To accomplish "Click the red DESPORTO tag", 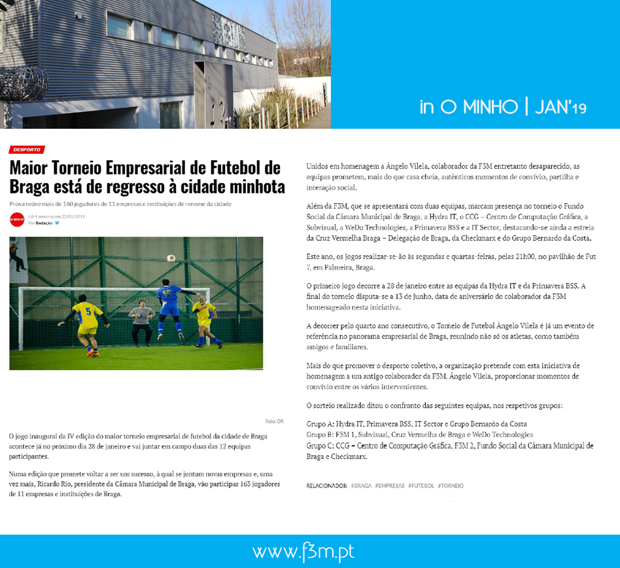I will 27,150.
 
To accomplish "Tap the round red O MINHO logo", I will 17,220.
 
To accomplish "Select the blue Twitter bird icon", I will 57,223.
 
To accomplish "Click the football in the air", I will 171,258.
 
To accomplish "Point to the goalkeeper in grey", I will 142,320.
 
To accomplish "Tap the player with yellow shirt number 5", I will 87,324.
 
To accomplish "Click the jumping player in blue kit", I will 169,307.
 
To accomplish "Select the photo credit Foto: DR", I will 274,421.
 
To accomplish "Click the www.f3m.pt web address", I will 303,552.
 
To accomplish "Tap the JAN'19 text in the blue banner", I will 560,108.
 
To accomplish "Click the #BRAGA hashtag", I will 361,486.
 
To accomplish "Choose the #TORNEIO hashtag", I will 451,486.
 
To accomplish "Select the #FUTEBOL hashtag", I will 421,486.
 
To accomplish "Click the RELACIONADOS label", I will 326,486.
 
